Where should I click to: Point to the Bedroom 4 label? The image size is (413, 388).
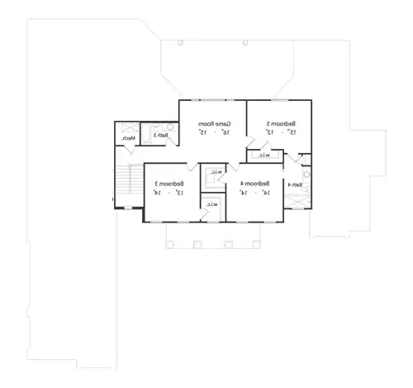click(254, 183)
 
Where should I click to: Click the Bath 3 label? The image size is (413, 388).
click(161, 135)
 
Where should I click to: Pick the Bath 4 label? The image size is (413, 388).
click(295, 184)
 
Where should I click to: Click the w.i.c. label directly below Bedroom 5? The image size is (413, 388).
click(263, 155)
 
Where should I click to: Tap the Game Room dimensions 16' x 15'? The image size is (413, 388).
click(211, 132)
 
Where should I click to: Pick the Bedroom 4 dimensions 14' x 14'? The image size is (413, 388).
click(254, 192)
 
